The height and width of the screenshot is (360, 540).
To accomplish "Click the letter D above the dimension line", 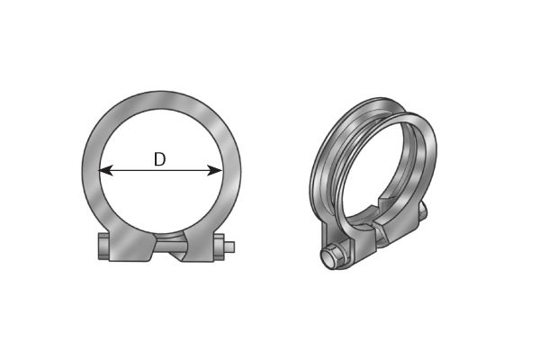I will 159,159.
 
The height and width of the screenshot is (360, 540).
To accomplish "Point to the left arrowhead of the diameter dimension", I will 104,169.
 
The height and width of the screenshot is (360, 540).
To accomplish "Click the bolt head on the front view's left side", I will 103,247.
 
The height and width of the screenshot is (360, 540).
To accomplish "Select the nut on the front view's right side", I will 219,247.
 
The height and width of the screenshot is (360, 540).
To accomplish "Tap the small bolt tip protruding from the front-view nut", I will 230,247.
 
